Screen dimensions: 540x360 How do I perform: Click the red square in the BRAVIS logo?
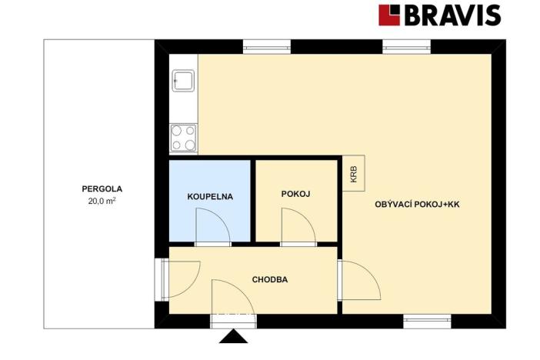[x=389, y=15]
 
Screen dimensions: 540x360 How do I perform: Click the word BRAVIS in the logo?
[x=452, y=15]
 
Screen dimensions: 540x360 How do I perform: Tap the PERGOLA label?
[x=102, y=188]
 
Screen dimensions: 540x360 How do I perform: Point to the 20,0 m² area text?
[x=102, y=201]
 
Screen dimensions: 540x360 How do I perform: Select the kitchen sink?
[x=183, y=81]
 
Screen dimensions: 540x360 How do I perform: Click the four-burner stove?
[x=184, y=138]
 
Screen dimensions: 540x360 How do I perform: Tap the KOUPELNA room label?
[x=210, y=197]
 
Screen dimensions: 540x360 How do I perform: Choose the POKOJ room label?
[x=296, y=194]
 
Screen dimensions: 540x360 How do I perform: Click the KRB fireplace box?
[x=354, y=173]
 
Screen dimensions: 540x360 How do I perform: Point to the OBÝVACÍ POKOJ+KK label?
[x=417, y=205]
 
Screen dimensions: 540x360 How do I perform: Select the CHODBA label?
[x=270, y=279]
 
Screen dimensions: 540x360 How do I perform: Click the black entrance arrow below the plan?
[x=234, y=336]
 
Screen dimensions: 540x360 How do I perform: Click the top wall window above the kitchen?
[x=267, y=47]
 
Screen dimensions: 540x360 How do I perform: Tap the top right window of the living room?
[x=407, y=47]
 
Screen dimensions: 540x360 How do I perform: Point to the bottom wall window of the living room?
[x=428, y=321]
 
